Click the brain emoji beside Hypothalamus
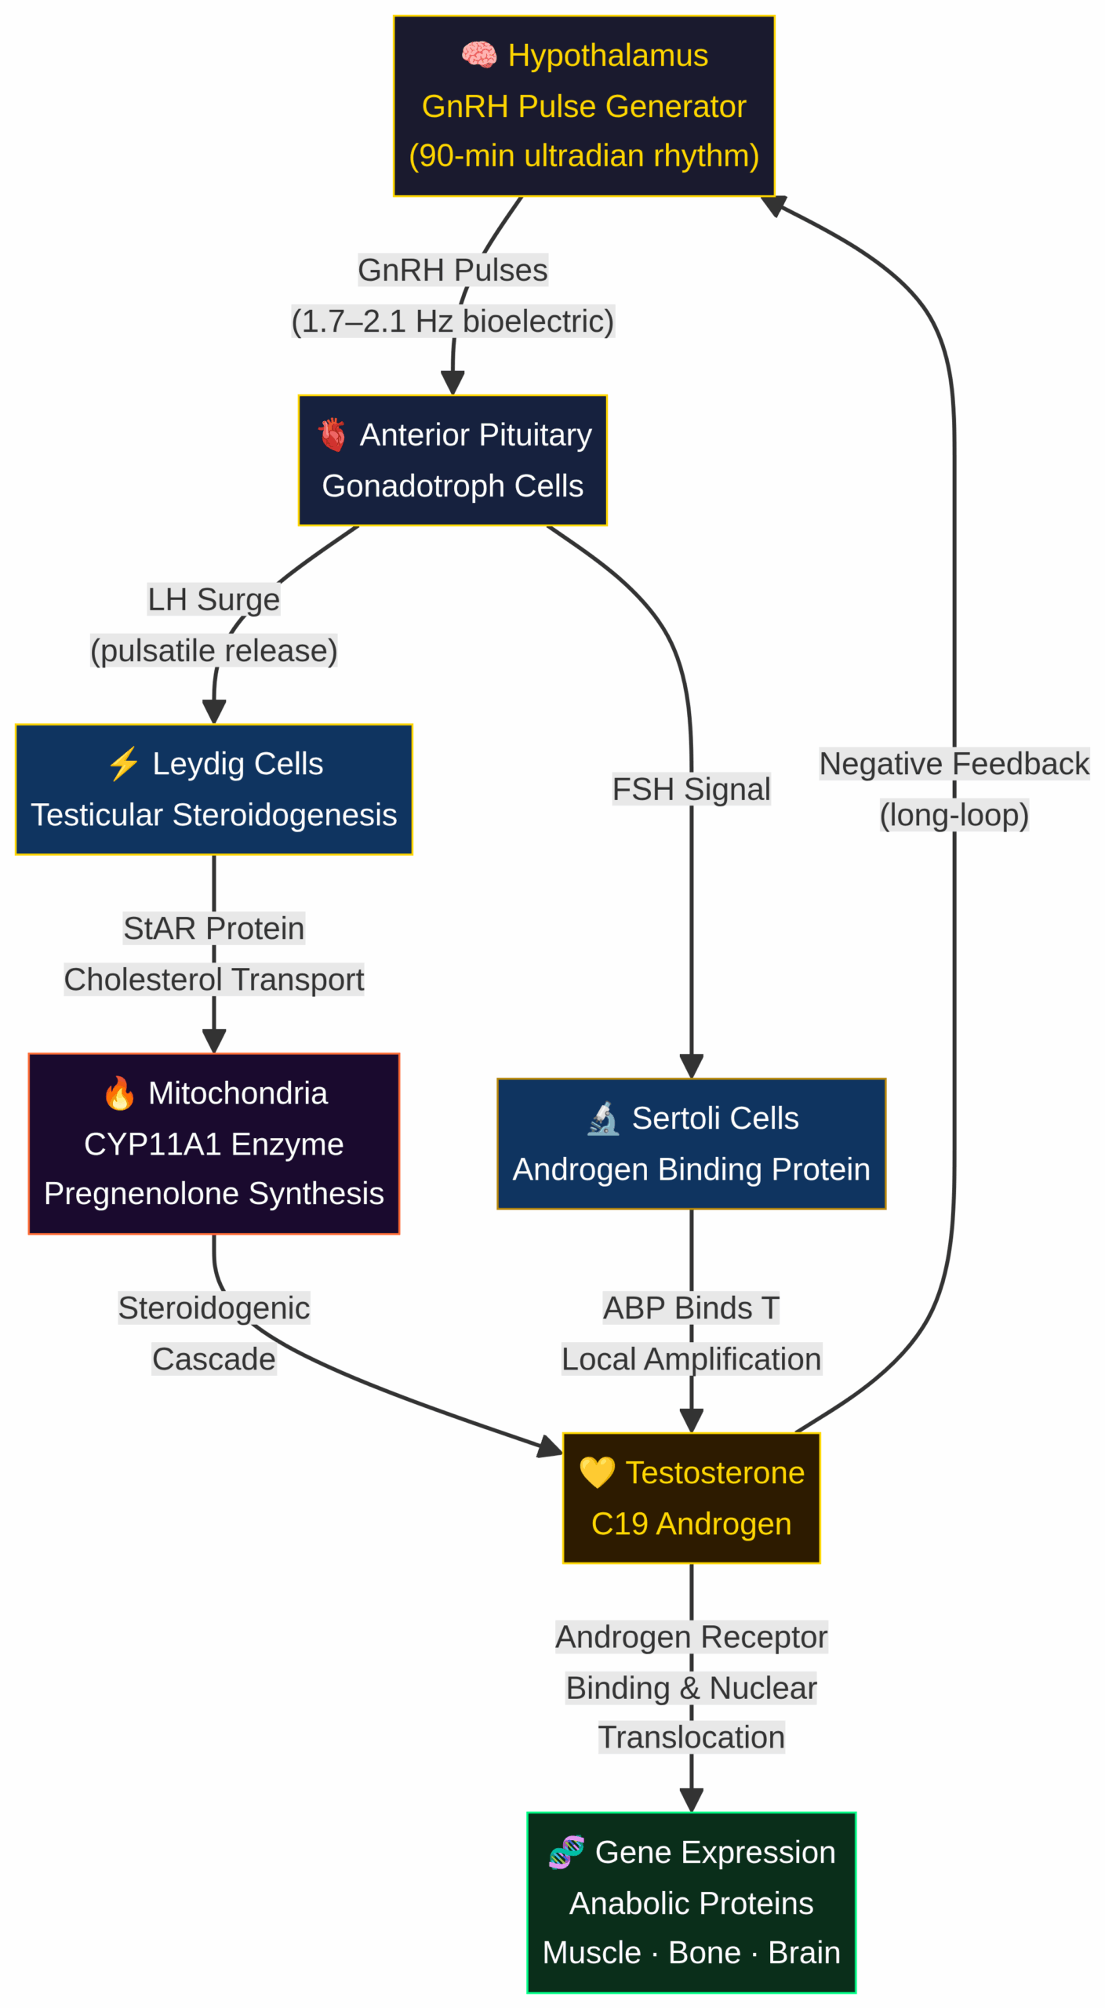[x=478, y=55]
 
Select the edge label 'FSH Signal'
[x=690, y=788]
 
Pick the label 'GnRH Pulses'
[x=453, y=269]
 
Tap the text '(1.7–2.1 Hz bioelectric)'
[x=453, y=321]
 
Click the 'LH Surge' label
[x=213, y=598]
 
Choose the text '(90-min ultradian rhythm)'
[x=583, y=155]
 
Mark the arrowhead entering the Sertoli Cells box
[x=690, y=1066]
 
